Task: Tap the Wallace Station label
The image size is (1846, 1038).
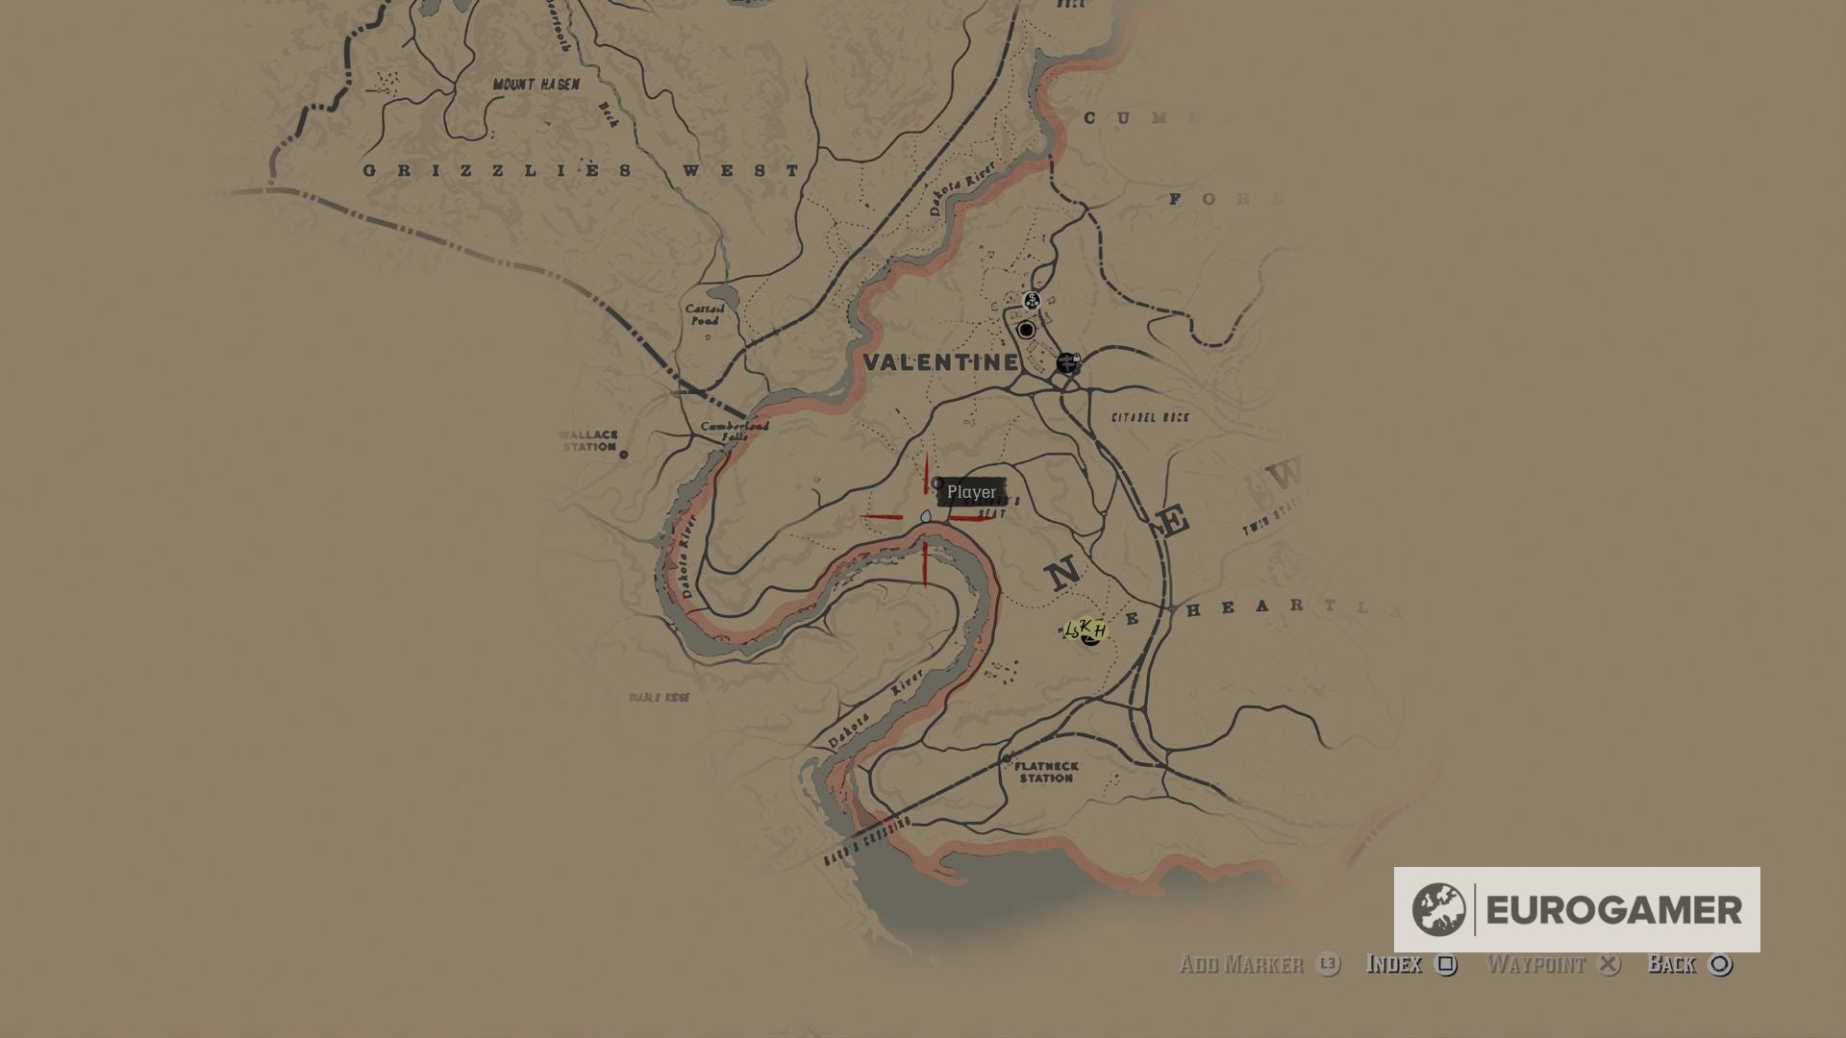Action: (x=588, y=440)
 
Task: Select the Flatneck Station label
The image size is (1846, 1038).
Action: (x=1046, y=772)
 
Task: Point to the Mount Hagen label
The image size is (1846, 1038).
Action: (x=536, y=85)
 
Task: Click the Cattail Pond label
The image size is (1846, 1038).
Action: (x=705, y=314)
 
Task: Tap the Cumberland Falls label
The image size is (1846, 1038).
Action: (x=735, y=431)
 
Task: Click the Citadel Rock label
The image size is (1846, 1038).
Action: (x=1150, y=417)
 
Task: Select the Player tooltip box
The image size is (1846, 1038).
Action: (x=971, y=492)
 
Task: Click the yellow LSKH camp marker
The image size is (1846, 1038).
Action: (x=1085, y=630)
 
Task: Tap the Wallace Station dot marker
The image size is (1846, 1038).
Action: (x=623, y=455)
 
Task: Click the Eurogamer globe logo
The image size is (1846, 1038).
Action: (x=1438, y=909)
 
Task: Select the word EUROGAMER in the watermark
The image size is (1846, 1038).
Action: (x=1613, y=910)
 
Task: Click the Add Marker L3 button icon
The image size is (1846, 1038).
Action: (x=1328, y=964)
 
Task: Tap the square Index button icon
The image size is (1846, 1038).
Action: (x=1445, y=964)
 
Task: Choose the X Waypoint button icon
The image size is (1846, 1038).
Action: (x=1609, y=964)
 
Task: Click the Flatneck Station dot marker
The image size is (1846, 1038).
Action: (x=1007, y=759)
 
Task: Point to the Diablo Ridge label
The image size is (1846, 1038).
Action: (x=659, y=698)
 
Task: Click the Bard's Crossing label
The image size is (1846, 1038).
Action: (x=866, y=843)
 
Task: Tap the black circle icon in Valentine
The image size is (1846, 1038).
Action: (x=1026, y=331)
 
